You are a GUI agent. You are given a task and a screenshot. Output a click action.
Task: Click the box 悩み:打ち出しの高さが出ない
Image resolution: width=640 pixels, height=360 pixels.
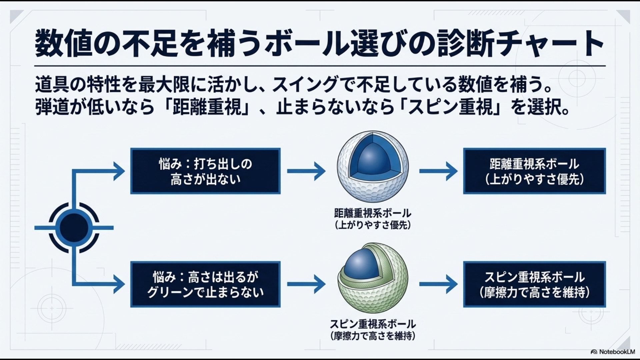coord(205,171)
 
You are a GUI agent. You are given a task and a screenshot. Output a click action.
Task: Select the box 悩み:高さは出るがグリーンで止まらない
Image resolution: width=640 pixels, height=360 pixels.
coord(205,284)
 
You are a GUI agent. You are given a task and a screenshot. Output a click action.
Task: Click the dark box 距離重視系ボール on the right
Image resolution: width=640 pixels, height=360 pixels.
coord(534,171)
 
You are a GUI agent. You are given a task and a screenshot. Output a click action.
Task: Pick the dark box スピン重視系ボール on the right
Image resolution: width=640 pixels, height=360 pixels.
coord(534,284)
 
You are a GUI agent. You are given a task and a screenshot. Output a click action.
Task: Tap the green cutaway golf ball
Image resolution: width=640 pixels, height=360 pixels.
coord(372,293)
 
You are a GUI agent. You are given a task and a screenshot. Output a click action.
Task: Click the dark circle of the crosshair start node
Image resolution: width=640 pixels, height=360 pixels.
coord(74,228)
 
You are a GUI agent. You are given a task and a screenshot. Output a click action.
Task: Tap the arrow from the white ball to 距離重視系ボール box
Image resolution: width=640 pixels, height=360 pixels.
coord(438,171)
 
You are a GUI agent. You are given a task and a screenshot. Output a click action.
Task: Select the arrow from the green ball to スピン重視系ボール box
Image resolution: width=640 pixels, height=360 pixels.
coord(438,284)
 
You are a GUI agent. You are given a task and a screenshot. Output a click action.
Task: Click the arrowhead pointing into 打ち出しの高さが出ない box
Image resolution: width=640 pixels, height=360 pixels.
coord(119,171)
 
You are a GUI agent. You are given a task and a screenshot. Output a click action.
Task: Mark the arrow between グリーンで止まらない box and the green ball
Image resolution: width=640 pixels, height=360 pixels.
coord(306,284)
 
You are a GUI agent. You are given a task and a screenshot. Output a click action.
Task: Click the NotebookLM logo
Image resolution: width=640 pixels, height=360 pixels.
coord(613,352)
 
